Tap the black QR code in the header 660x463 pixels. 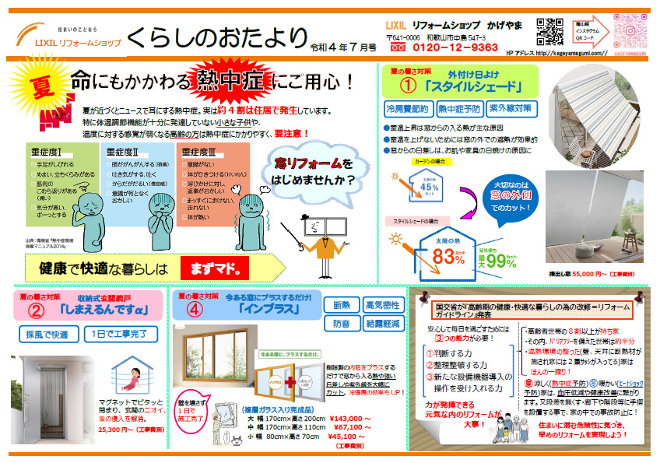coord(549,33)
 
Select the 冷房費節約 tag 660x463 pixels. coord(407,108)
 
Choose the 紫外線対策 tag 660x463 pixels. coord(511,108)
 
